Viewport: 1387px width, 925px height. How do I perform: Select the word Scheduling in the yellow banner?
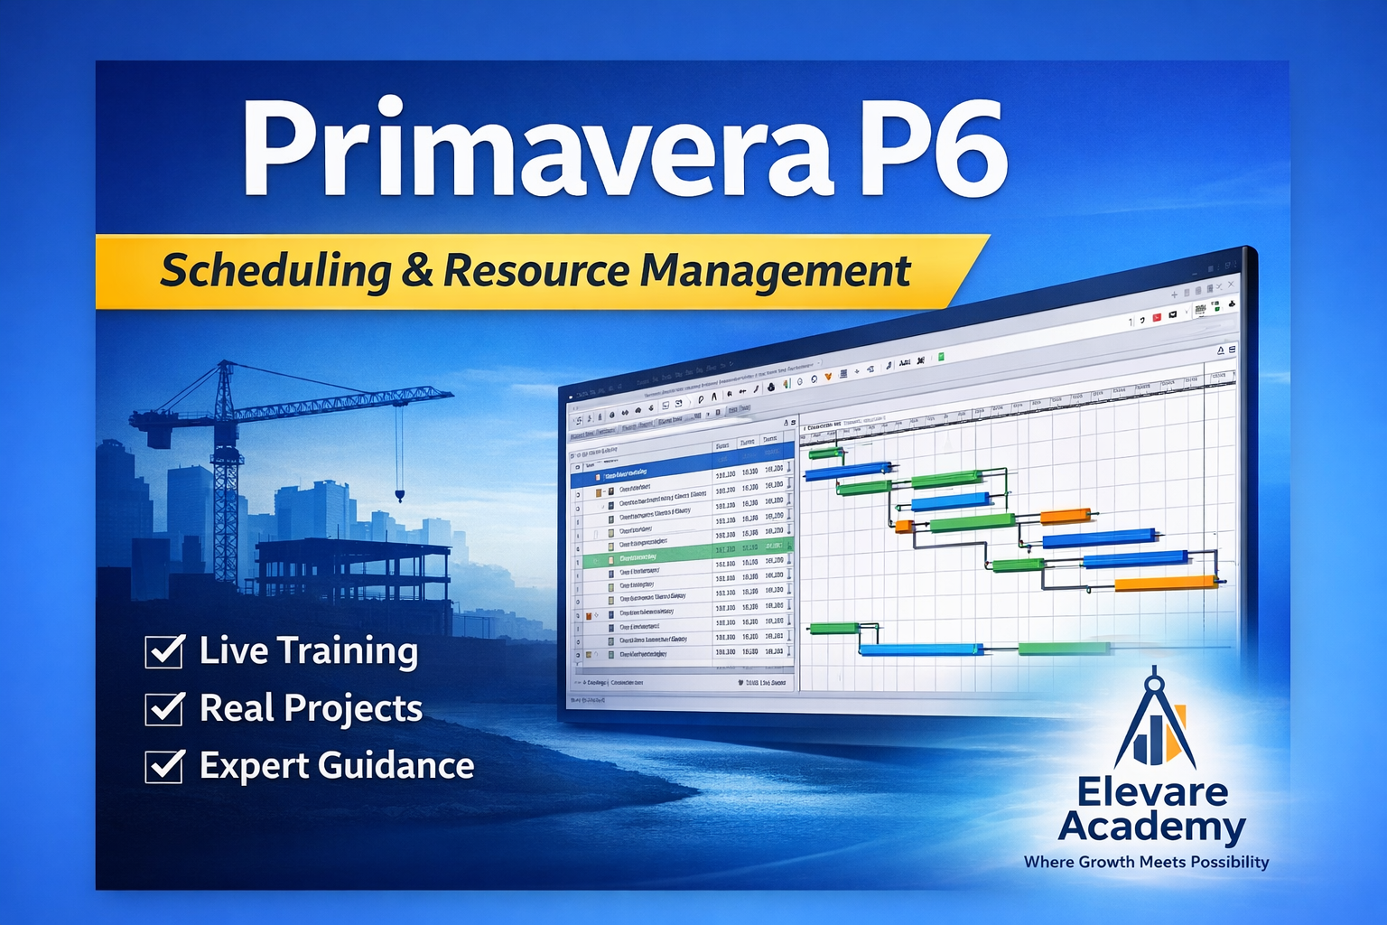275,271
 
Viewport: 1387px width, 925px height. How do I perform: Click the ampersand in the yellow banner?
417,271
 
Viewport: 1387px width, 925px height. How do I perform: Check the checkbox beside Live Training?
164,650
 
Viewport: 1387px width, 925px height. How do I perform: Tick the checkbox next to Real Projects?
164,708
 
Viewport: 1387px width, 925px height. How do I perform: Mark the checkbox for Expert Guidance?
164,766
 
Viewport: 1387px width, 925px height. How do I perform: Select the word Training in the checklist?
348,650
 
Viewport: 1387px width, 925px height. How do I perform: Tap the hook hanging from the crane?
399,494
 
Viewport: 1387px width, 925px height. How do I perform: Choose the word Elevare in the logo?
1153,792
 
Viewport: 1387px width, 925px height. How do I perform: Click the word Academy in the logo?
1152,827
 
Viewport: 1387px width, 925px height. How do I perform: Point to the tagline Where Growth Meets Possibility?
1146,862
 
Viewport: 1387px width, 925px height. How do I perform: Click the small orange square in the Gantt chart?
903,526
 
